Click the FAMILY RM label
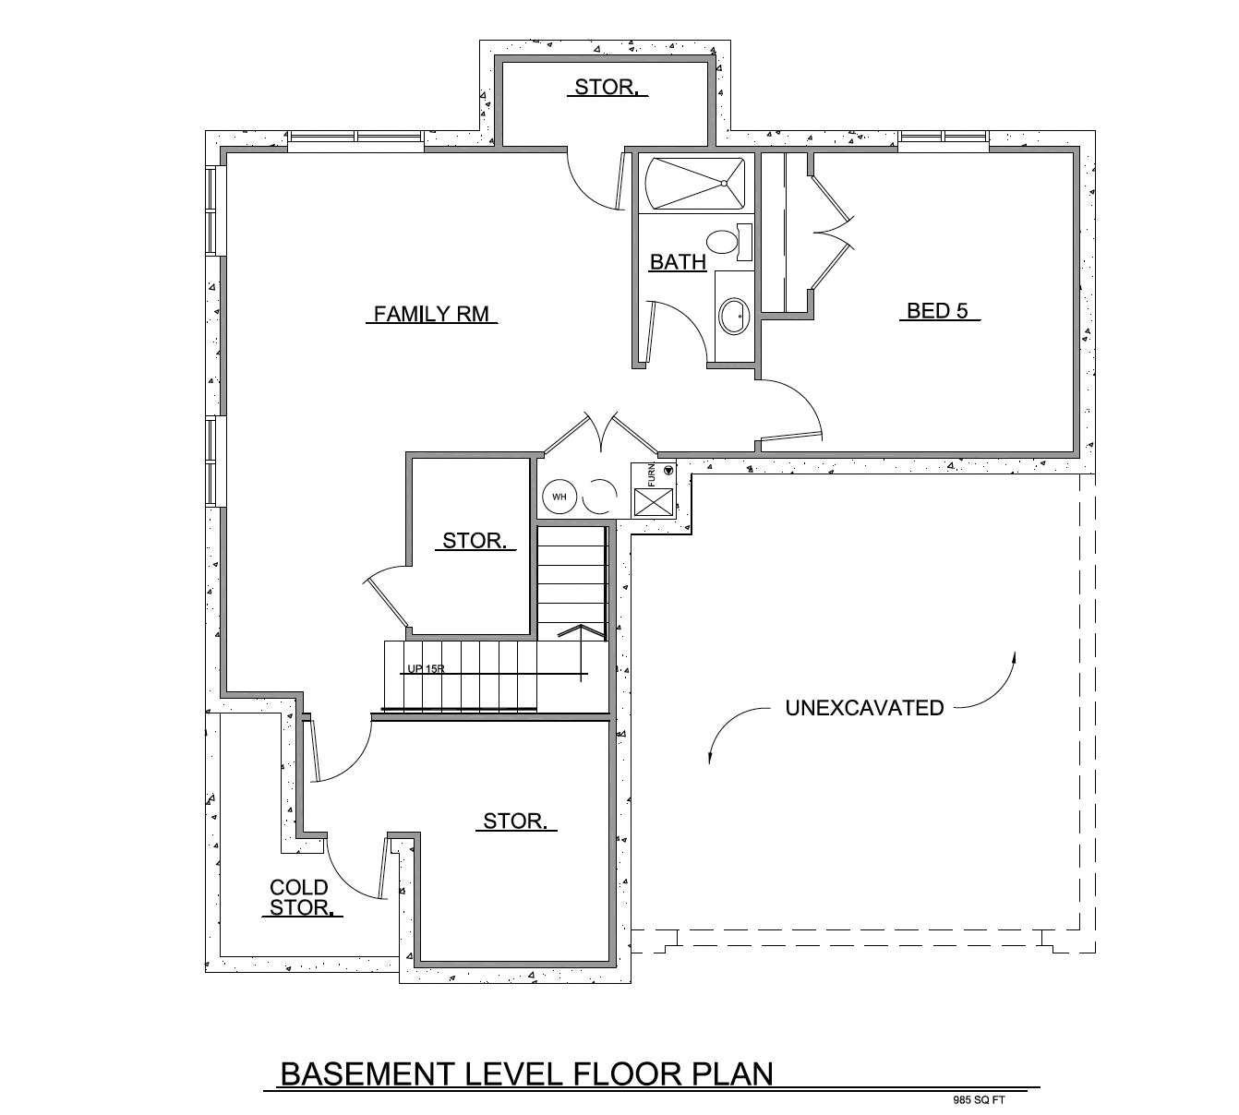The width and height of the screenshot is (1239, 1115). click(x=430, y=314)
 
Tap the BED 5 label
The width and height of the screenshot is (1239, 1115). click(x=937, y=310)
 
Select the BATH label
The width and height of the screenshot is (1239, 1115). click(x=678, y=262)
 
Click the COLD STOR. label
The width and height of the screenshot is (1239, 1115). click(x=299, y=898)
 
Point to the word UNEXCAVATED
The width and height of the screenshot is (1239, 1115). click(x=864, y=708)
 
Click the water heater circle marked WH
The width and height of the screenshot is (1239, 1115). click(x=559, y=498)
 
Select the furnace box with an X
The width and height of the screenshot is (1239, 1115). click(x=654, y=502)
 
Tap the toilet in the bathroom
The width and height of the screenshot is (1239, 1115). click(x=725, y=242)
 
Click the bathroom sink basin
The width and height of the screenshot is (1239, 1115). click(x=736, y=316)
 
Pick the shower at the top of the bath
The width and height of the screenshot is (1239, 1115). click(x=695, y=184)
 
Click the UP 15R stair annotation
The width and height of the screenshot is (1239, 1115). click(x=426, y=669)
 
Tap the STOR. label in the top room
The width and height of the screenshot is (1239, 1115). click(x=606, y=88)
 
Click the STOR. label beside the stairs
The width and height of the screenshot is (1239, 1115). click(x=475, y=541)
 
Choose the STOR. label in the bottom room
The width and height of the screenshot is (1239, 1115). click(x=515, y=821)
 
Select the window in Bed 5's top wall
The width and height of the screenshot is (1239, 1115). click(x=943, y=138)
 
